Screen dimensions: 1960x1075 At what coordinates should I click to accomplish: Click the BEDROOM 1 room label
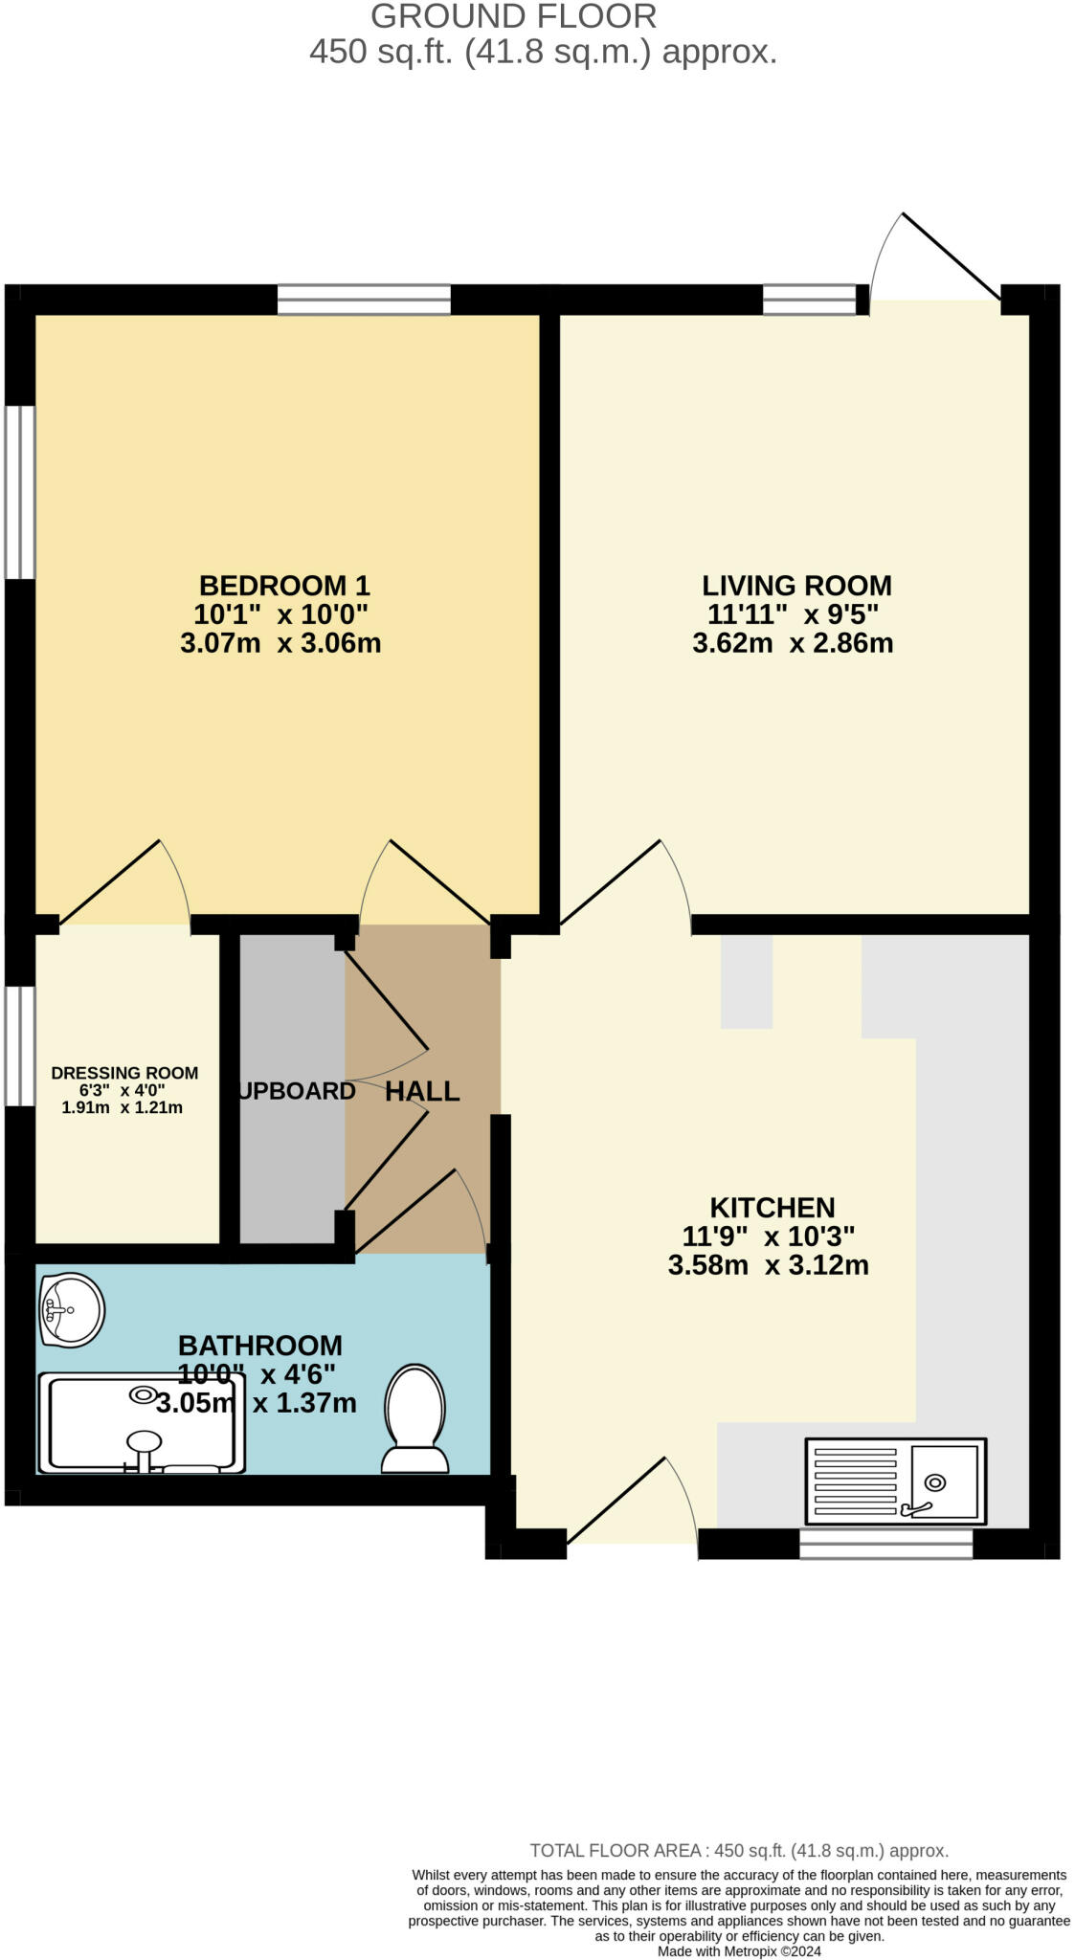tap(283, 585)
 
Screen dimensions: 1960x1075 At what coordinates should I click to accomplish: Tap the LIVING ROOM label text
tap(796, 585)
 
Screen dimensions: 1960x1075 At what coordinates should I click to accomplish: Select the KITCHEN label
tap(772, 1207)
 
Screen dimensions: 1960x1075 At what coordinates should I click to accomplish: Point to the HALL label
tap(422, 1091)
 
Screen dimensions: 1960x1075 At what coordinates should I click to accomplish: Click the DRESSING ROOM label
tap(124, 1073)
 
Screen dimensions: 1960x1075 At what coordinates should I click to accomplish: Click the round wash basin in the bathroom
tap(72, 1310)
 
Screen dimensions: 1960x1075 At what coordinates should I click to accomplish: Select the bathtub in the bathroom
tap(141, 1423)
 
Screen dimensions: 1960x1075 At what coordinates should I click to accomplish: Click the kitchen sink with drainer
tap(894, 1481)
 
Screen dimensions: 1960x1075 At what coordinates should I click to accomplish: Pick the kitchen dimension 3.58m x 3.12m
tap(768, 1265)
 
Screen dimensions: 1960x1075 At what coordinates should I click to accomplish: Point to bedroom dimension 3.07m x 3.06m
tap(280, 643)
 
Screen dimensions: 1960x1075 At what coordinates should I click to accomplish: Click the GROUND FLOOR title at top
tap(513, 16)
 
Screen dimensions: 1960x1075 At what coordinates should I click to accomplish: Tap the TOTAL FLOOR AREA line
tap(738, 1851)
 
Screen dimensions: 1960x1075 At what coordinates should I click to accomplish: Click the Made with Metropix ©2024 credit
tap(738, 1951)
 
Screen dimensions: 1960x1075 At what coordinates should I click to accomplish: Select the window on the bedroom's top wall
tap(364, 300)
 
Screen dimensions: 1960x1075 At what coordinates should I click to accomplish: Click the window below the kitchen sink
tap(885, 1543)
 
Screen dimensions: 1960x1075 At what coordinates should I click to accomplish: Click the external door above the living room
tap(933, 258)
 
